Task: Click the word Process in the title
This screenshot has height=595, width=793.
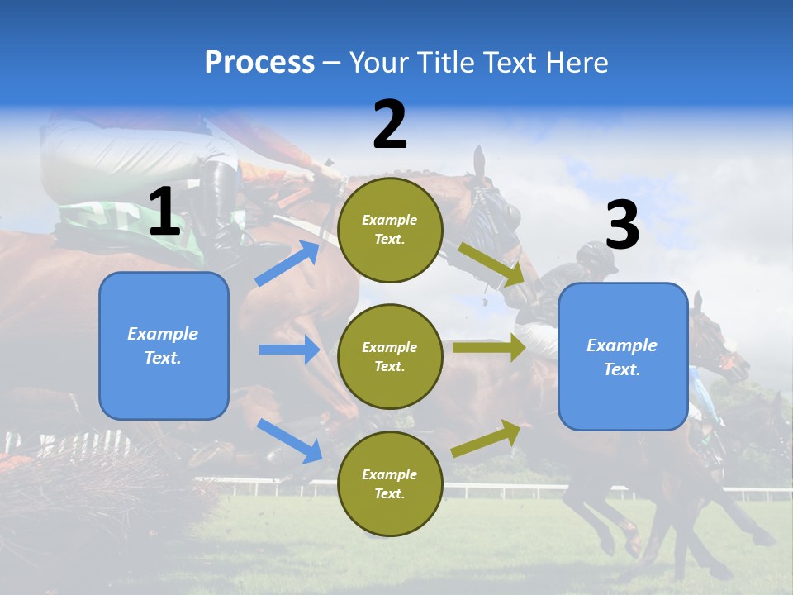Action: [x=259, y=63]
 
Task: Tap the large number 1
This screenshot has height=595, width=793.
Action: [x=164, y=212]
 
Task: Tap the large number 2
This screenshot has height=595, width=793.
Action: [x=390, y=125]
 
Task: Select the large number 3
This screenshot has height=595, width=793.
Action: [x=622, y=226]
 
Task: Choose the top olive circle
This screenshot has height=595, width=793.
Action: [x=390, y=229]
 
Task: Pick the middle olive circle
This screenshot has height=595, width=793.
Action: [x=390, y=356]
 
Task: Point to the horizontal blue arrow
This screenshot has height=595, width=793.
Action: [x=289, y=350]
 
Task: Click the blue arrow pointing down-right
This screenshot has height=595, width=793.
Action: [x=290, y=440]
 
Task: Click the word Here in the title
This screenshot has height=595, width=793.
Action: [x=578, y=63]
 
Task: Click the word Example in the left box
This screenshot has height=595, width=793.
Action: [x=163, y=334]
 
